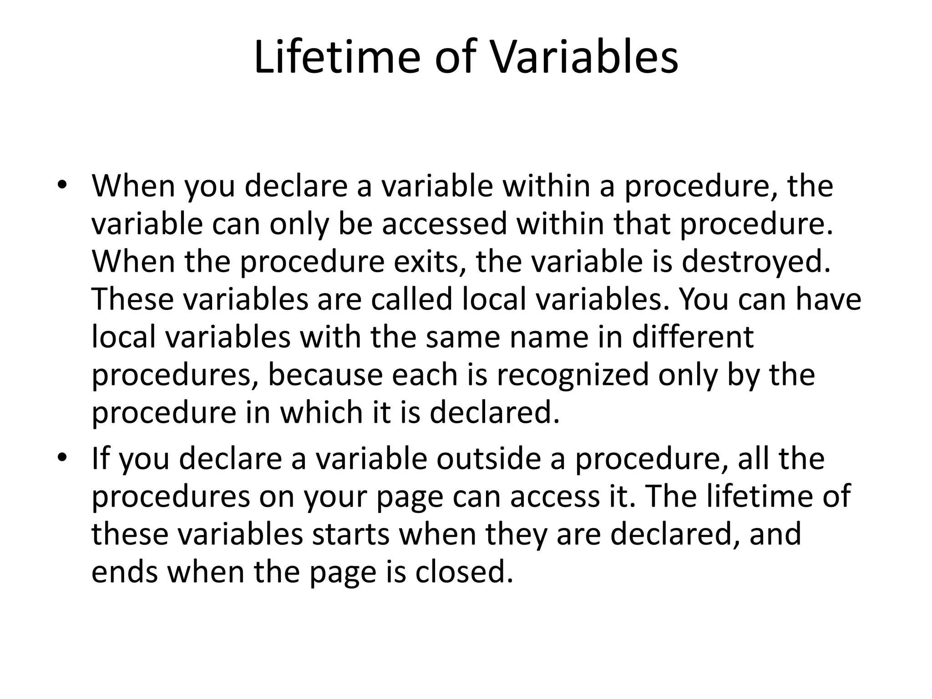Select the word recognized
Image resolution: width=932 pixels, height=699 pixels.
click(x=572, y=376)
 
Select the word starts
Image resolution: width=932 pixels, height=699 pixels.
click(x=350, y=534)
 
